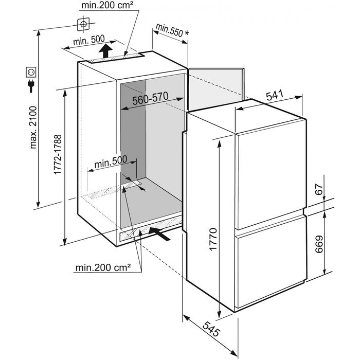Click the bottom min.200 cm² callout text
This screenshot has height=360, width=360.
[102, 267]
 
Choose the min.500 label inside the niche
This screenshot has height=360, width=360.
[111, 161]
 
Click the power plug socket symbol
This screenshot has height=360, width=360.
[31, 77]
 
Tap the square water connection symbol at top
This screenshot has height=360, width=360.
[83, 24]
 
